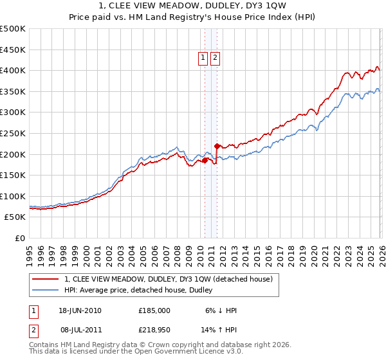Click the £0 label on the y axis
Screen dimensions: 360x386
(x=21, y=238)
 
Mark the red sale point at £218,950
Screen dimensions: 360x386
(x=217, y=146)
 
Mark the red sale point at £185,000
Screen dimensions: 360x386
(x=205, y=160)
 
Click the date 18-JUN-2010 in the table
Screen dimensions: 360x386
(x=80, y=310)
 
